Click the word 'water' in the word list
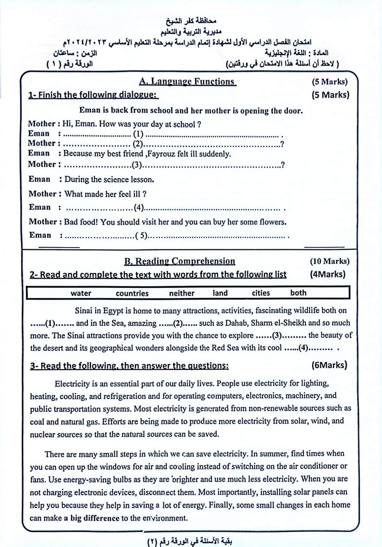tap(81, 293)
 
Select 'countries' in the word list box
tap(132, 293)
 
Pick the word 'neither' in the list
tap(181, 293)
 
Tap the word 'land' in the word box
tap(220, 293)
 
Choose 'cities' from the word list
tap(261, 293)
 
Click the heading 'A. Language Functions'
tap(187, 82)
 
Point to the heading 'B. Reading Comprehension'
tap(179, 261)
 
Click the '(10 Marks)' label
tap(329, 261)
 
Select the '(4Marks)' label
tap(328, 274)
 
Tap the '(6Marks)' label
tap(329, 365)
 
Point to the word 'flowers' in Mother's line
tap(272, 222)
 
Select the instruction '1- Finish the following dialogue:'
tap(93, 95)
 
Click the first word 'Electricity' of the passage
tap(72, 384)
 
